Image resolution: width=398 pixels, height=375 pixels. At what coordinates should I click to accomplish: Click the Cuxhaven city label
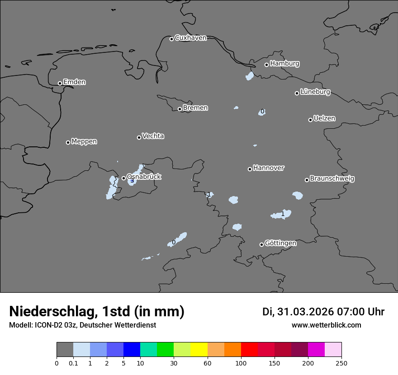tap(190, 38)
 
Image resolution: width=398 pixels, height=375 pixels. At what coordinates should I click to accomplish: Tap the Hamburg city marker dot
tap(266, 65)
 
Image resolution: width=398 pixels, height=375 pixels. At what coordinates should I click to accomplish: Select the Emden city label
tap(74, 82)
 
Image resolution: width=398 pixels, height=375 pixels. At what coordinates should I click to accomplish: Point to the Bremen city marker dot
tap(180, 109)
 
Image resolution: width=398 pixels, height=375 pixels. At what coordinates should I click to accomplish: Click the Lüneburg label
tap(315, 92)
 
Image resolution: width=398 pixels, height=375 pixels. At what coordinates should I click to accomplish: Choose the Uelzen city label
tap(324, 118)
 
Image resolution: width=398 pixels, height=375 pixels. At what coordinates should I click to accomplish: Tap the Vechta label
tap(153, 136)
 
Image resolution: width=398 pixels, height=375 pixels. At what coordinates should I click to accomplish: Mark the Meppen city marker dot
tap(68, 142)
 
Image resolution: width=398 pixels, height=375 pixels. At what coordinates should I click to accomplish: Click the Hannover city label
tap(268, 168)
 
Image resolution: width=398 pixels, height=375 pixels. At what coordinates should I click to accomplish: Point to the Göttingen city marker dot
tap(261, 244)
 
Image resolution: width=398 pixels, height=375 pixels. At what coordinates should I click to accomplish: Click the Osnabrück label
tap(144, 177)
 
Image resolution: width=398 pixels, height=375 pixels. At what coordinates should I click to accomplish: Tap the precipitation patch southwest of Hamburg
tap(250, 76)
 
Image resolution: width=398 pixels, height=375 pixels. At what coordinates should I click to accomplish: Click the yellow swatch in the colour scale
tap(199, 349)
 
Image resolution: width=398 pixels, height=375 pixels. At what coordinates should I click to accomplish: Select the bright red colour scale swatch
tap(249, 349)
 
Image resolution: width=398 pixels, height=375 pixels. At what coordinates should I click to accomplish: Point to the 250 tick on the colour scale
tap(341, 363)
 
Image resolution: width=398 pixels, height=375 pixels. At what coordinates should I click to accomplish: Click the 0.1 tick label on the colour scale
tap(73, 363)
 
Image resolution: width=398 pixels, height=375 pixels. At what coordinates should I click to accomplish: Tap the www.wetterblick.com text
tap(326, 325)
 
